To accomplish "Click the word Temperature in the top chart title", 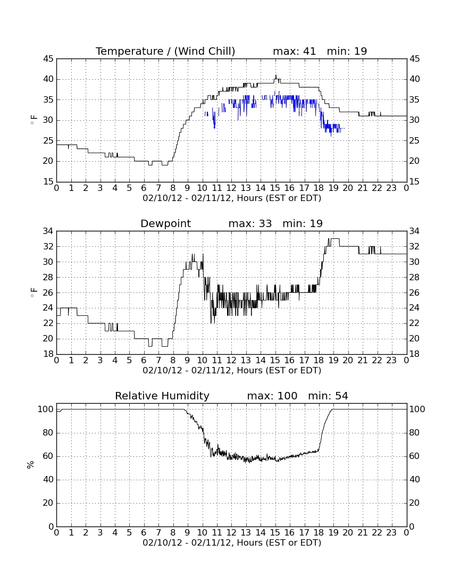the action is point(129,51).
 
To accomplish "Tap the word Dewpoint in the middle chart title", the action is point(165,223).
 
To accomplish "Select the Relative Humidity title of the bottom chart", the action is point(162,396).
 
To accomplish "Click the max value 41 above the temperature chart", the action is point(309,51).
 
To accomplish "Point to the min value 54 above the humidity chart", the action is point(341,396).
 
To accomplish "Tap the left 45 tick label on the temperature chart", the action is point(48,59).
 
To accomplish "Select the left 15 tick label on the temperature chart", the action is point(48,182).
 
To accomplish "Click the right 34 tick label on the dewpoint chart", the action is point(414,231).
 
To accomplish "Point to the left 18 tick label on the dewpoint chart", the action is point(48,354).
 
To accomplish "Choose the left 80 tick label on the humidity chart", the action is point(48,433).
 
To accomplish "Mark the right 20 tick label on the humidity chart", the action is point(414,503).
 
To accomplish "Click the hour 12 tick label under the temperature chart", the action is point(231,188).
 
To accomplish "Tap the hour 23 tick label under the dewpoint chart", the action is point(391,361).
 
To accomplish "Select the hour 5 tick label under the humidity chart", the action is point(129,533).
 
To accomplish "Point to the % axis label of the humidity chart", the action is point(30,464).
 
